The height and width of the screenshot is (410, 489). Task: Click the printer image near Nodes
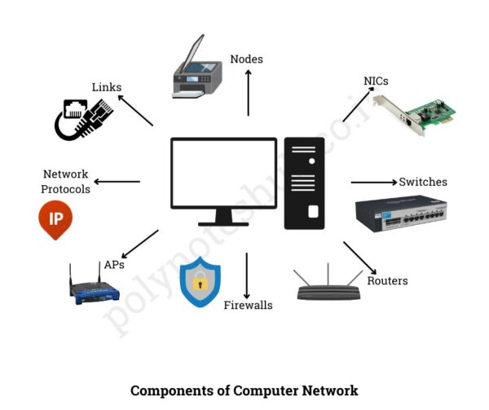coord(196,71)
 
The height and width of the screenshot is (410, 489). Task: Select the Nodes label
coord(246,59)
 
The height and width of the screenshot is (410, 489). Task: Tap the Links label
coord(106,86)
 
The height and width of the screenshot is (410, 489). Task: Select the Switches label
coord(422,182)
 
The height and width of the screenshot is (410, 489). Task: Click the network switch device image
coord(400,216)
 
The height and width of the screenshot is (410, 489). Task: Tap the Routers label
coord(387,281)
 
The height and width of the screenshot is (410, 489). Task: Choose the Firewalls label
coord(248,305)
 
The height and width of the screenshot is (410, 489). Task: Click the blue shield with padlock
coord(200,282)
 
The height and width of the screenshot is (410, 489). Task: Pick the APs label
coord(114,265)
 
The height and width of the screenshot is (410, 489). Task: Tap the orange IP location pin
coord(55,219)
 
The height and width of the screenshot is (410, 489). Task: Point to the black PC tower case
coord(304,183)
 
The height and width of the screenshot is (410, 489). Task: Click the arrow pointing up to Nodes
coord(249,91)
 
